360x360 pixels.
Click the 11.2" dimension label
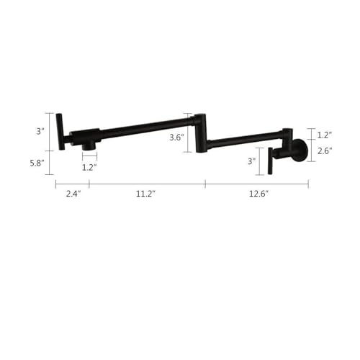pyautogui.click(x=146, y=194)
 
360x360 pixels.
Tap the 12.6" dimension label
pyautogui.click(x=258, y=194)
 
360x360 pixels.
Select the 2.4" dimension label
pyautogui.click(x=73, y=194)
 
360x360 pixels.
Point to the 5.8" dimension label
pyautogui.click(x=37, y=163)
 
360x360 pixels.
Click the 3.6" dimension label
pyautogui.click(x=177, y=138)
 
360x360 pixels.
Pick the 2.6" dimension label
pyautogui.click(x=325, y=151)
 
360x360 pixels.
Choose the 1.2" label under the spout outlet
pyautogui.click(x=89, y=167)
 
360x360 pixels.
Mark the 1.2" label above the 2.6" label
pyautogui.click(x=325, y=135)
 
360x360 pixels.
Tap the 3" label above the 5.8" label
pyautogui.click(x=40, y=131)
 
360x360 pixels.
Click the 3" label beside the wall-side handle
pyautogui.click(x=252, y=161)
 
